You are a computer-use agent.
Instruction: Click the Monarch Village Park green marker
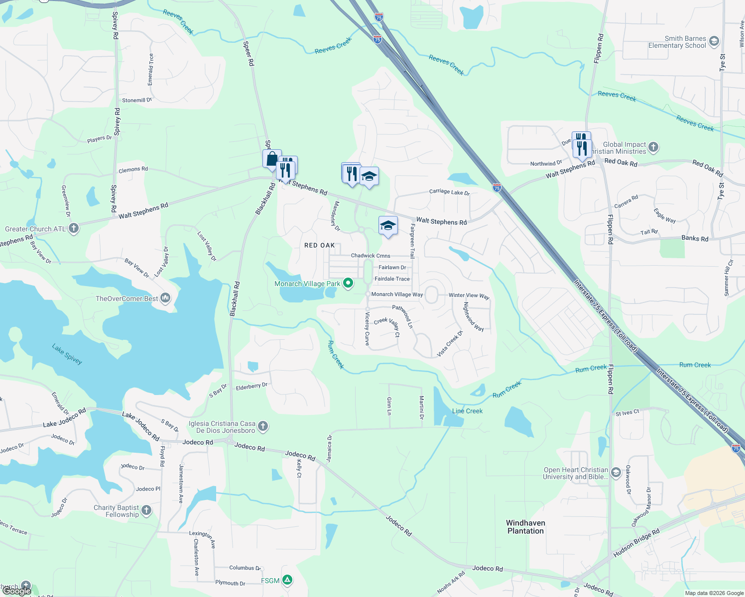[348, 284]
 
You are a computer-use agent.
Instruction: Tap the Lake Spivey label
[67, 354]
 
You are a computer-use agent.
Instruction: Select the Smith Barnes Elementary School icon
[714, 41]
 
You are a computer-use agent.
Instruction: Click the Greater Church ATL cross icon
[74, 229]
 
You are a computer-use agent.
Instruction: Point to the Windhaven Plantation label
[525, 527]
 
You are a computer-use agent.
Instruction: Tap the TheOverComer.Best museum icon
[165, 298]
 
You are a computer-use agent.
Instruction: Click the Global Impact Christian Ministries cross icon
[653, 147]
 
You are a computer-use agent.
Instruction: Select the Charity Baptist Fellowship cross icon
[146, 510]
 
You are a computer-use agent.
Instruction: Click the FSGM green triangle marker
[287, 580]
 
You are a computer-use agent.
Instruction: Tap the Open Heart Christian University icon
[616, 472]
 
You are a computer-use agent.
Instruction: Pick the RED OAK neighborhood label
[320, 245]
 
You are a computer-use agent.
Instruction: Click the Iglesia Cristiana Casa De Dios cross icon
[263, 426]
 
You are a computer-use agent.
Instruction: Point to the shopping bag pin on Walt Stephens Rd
[272, 159]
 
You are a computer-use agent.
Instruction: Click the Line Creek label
[467, 411]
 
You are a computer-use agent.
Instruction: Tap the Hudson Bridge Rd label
[636, 543]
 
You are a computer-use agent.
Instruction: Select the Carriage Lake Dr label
[449, 192]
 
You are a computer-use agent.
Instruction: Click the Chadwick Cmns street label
[371, 256]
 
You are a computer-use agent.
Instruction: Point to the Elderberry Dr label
[251, 386]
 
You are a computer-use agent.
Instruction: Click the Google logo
[16, 591]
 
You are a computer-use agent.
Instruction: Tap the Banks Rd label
[695, 238]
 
